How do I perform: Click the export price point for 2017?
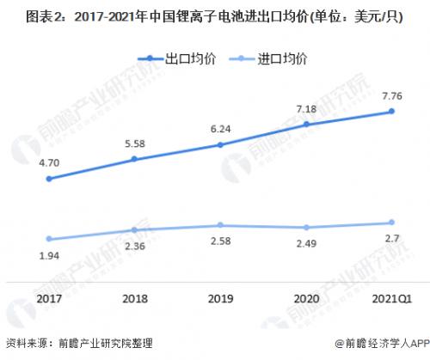coord(49,179)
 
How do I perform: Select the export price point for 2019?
coord(220,145)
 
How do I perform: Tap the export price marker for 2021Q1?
coord(391,111)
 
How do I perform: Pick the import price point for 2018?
coord(134,229)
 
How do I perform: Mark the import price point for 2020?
coord(306,228)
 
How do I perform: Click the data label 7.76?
coord(392,96)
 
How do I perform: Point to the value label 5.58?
coord(135,143)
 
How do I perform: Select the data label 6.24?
coord(220,129)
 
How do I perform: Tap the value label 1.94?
coord(49,255)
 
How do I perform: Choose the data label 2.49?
coord(306,243)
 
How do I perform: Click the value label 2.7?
coord(392,238)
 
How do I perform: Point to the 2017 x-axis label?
coord(49,299)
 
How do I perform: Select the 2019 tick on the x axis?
coord(220,299)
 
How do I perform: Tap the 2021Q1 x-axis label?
coord(392,299)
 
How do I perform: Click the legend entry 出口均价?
coord(177,59)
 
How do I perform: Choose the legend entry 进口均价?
coord(268,59)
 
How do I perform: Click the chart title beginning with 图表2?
coord(215,17)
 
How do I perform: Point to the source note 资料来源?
coord(79,343)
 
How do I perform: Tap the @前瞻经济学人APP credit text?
coord(382,343)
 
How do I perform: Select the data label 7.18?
coord(306,109)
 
